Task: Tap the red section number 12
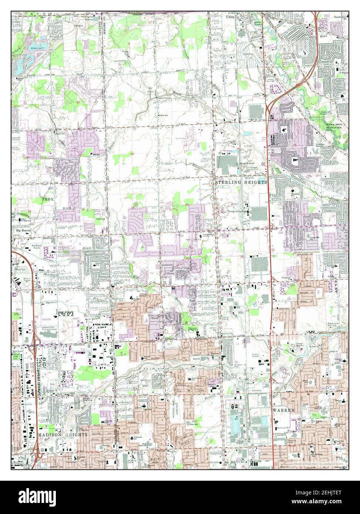[78, 102]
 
